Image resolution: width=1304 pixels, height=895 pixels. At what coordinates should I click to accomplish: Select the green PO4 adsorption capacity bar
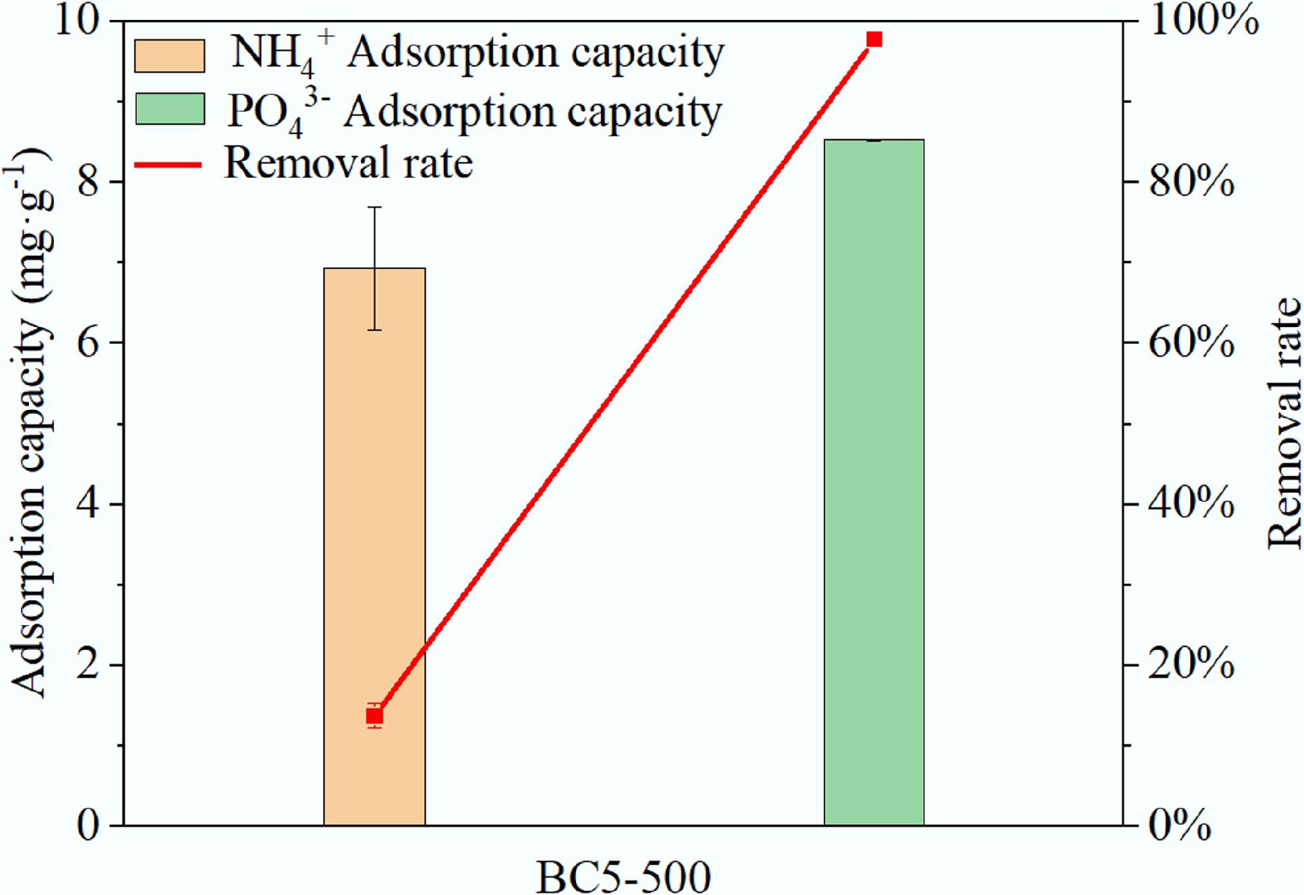click(874, 483)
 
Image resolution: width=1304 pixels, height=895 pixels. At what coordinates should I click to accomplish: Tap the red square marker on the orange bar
click(375, 716)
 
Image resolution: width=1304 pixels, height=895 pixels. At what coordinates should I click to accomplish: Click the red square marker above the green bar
click(874, 39)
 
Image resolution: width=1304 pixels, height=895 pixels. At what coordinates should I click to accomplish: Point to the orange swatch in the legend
click(170, 56)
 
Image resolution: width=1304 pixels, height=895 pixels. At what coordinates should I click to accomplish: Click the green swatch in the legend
click(170, 109)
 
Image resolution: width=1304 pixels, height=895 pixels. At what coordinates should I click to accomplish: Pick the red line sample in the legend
click(168, 165)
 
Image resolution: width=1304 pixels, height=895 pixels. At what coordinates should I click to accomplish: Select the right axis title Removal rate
click(1284, 422)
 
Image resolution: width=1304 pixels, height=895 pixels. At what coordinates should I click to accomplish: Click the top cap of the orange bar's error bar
click(375, 207)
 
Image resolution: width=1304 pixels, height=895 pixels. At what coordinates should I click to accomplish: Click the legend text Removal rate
click(348, 164)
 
